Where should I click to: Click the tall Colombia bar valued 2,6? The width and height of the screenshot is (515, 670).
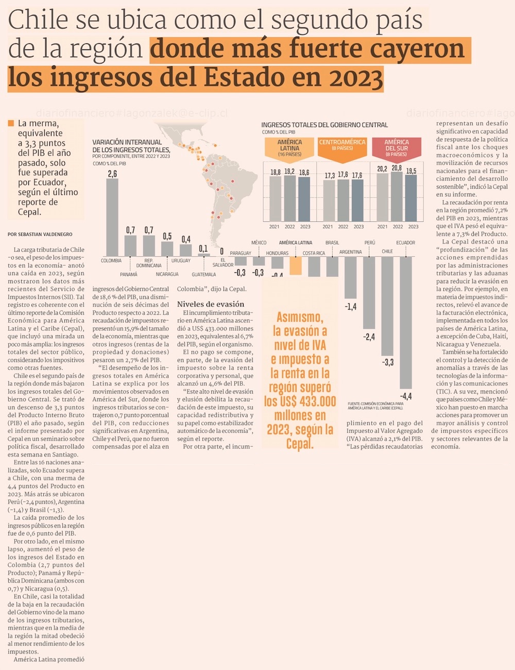pyautogui.click(x=112, y=217)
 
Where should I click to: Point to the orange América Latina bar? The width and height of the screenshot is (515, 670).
pyautogui.click(x=296, y=265)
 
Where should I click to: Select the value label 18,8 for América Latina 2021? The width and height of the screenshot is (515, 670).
pyautogui.click(x=276, y=172)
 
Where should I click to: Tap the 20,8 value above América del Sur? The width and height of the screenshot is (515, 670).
pyautogui.click(x=397, y=168)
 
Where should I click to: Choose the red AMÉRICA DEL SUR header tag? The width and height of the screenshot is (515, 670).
pyautogui.click(x=396, y=148)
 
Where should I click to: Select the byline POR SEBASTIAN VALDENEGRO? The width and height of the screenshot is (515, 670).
pyautogui.click(x=40, y=234)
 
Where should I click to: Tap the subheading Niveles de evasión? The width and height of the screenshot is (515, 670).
pyautogui.click(x=211, y=304)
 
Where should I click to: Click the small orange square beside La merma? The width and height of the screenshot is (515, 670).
pyautogui.click(x=11, y=123)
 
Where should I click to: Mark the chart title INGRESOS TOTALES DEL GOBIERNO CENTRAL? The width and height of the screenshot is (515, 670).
pyautogui.click(x=324, y=125)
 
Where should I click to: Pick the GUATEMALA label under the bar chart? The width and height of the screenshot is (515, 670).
pyautogui.click(x=204, y=274)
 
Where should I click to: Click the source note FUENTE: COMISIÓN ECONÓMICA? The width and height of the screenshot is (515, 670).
pyautogui.click(x=375, y=406)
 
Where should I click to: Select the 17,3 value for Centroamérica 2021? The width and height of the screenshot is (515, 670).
pyautogui.click(x=330, y=176)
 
